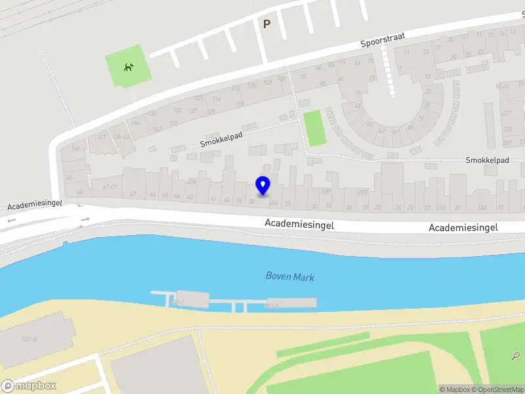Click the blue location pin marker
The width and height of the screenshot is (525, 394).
[x=262, y=186]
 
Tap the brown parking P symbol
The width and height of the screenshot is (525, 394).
[x=266, y=24]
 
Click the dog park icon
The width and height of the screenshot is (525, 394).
[x=129, y=66]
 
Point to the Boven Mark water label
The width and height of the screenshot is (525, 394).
[x=289, y=276]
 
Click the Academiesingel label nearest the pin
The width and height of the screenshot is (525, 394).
[x=299, y=224]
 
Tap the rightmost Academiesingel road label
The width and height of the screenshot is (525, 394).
[x=463, y=227]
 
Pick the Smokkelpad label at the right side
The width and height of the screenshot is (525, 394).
[x=487, y=160]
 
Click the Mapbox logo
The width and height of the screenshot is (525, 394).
[x=29, y=386]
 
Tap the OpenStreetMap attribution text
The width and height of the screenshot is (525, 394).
[x=499, y=389]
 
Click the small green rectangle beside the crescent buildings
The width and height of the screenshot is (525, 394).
[x=315, y=128]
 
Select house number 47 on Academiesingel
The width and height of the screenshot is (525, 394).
[x=133, y=194]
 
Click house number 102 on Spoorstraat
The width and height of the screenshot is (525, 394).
[x=267, y=82]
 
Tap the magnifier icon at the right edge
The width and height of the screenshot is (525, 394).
[x=515, y=357]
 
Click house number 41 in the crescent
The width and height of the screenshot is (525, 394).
[x=396, y=131]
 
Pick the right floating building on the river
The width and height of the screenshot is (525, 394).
[x=291, y=303]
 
